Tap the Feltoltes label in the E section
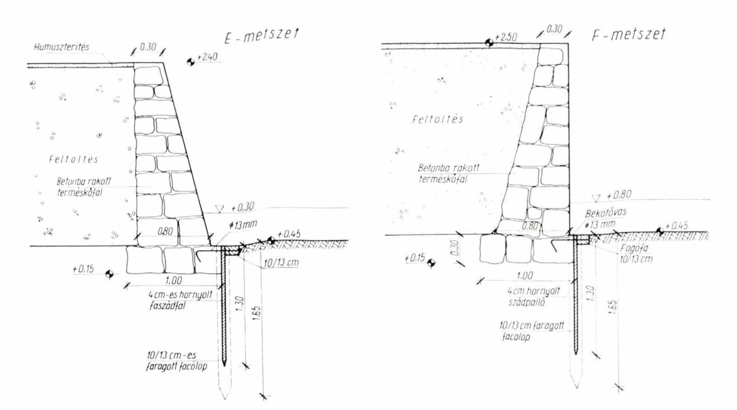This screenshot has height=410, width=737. point(66,161)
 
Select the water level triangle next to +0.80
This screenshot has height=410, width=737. point(596,197)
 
